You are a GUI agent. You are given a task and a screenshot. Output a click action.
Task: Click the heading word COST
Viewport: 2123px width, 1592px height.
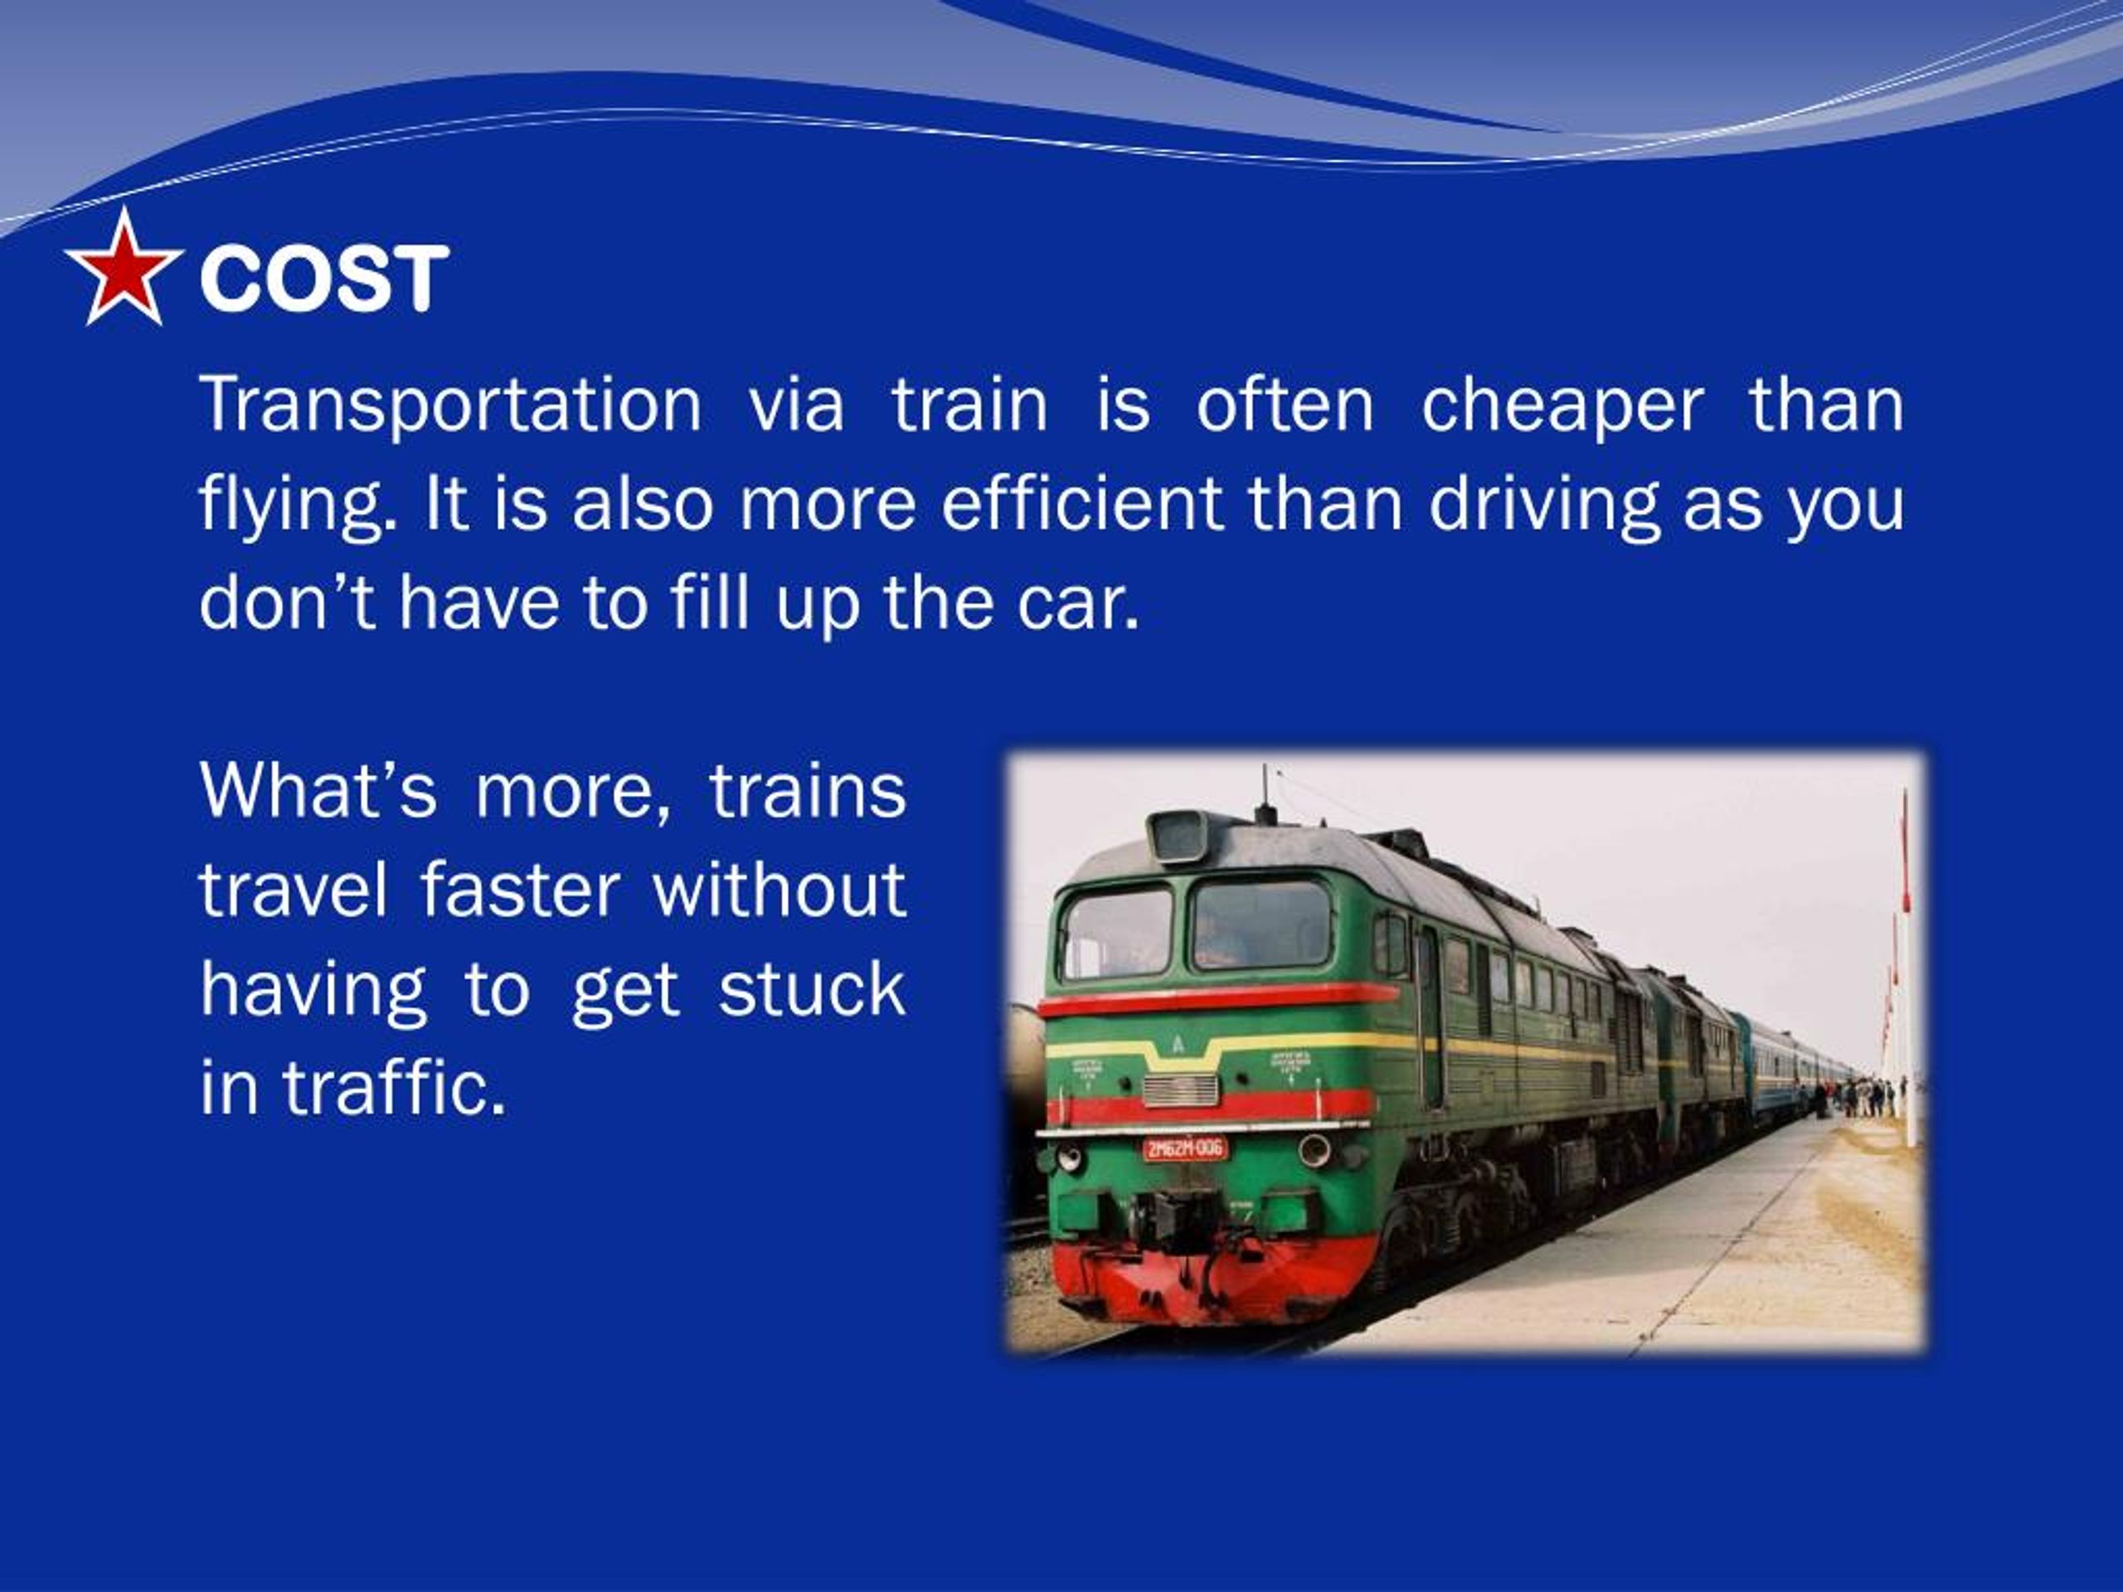point(323,279)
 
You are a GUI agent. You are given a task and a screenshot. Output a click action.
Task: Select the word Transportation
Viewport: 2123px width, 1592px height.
point(451,405)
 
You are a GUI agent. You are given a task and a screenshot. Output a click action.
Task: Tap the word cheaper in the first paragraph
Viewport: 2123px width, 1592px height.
point(1562,405)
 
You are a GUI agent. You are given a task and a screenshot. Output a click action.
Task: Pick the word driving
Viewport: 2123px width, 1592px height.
point(1543,505)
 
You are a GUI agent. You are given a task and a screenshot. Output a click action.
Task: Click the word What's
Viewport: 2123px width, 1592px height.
point(318,791)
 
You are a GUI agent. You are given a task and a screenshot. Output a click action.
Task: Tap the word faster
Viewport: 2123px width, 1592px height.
point(519,890)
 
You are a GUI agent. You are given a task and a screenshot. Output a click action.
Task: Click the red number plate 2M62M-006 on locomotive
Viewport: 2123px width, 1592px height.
point(1184,1148)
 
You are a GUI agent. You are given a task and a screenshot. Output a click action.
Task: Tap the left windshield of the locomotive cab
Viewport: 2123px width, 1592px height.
point(1117,932)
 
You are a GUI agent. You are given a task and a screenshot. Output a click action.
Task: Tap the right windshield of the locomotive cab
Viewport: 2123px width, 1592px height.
point(1261,925)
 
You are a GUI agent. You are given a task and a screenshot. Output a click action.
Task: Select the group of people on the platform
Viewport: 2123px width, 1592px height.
point(1862,1096)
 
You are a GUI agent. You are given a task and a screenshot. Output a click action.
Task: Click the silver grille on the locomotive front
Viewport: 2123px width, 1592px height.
point(1181,1090)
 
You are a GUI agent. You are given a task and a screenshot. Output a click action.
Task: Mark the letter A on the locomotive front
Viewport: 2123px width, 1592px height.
point(1178,1045)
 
